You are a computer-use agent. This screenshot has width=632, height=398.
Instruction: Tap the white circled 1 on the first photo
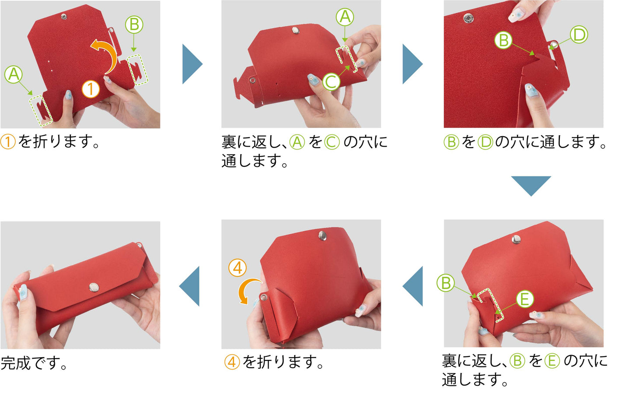91,89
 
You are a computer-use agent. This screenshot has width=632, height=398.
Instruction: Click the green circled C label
331,81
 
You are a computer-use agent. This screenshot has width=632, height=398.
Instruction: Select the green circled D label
579,35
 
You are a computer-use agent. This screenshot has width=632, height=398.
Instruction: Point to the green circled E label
525,299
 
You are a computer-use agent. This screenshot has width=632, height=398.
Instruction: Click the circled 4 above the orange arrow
237,268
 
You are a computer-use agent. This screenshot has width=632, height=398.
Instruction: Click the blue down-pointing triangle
531,186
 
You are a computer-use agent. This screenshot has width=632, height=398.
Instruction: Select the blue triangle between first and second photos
192,64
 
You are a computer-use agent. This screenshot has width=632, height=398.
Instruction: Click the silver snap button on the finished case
94,288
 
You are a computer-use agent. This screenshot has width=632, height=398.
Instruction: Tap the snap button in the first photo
64,17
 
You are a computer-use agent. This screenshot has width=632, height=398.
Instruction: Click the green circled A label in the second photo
345,17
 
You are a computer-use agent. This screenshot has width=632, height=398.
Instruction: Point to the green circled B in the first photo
134,24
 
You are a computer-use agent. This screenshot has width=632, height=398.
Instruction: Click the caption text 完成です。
34,363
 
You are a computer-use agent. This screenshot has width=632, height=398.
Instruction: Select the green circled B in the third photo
503,40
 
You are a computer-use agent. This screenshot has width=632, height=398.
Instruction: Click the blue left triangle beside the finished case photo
189,286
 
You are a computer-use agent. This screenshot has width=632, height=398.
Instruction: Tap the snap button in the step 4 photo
323,236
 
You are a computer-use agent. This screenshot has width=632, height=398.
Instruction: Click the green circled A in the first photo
14,74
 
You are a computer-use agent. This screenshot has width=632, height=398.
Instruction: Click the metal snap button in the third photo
468,18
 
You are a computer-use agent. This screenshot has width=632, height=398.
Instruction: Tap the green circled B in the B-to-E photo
446,283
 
